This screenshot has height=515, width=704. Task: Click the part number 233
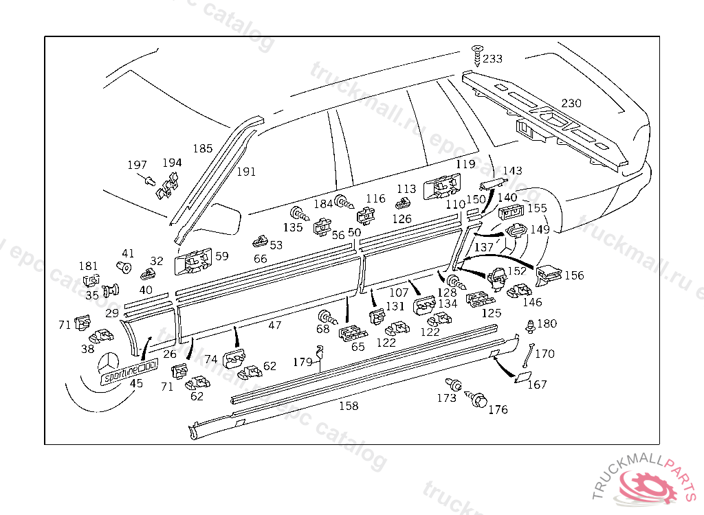[x=492, y=59]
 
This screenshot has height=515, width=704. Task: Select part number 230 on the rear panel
[x=571, y=104]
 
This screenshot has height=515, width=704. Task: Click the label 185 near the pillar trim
[x=202, y=148]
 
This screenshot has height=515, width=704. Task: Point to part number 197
[x=137, y=165]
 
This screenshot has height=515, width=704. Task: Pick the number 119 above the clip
[x=465, y=164]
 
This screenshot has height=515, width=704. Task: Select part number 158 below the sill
[x=349, y=406]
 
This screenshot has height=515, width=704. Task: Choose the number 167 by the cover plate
[x=537, y=385]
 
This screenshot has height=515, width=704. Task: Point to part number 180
[x=547, y=323]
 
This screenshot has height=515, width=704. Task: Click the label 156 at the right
[x=573, y=275]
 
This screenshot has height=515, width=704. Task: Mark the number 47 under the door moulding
[x=274, y=325]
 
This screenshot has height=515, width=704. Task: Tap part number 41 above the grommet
[x=128, y=253]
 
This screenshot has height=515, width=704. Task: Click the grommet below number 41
[x=124, y=266]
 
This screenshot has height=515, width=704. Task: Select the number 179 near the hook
[x=302, y=362]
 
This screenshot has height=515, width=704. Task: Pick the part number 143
[x=512, y=171]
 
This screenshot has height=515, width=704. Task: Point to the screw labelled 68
[x=327, y=318]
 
